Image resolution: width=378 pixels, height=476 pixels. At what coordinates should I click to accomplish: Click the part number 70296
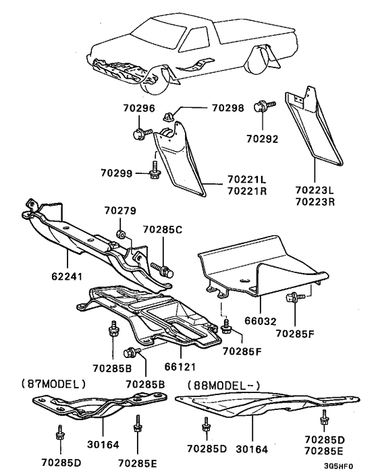[x=139, y=109]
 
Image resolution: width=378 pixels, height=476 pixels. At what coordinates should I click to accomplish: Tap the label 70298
[x=228, y=108]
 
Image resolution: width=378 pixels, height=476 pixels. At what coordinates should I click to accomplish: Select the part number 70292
[x=262, y=139]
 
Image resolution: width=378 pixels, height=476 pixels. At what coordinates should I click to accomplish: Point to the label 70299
[x=117, y=173]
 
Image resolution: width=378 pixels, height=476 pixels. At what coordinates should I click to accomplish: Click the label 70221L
[x=246, y=180]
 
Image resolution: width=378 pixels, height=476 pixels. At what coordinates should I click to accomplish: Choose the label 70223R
[x=315, y=202]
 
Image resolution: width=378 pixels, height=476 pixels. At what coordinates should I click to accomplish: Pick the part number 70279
[x=120, y=210]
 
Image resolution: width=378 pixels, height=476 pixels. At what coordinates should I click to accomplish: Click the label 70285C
[x=163, y=230]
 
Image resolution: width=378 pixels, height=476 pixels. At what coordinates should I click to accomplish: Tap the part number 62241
[x=67, y=276]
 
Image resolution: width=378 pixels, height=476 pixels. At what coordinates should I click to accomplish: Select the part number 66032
[x=261, y=321]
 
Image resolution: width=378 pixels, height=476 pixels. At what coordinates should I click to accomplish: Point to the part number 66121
[x=180, y=367]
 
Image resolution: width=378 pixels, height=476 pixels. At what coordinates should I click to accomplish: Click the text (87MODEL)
[x=53, y=384]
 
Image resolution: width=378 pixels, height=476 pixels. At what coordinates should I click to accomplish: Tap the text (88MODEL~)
[x=223, y=386]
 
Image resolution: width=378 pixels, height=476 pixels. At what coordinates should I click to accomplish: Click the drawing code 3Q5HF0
[x=338, y=467]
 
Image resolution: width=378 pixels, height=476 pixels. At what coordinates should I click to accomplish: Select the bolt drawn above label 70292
[x=264, y=107]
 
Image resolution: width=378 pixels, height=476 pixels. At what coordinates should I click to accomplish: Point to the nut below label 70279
[x=121, y=234]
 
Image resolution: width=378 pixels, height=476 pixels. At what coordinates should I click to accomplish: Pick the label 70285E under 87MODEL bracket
[x=137, y=463]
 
